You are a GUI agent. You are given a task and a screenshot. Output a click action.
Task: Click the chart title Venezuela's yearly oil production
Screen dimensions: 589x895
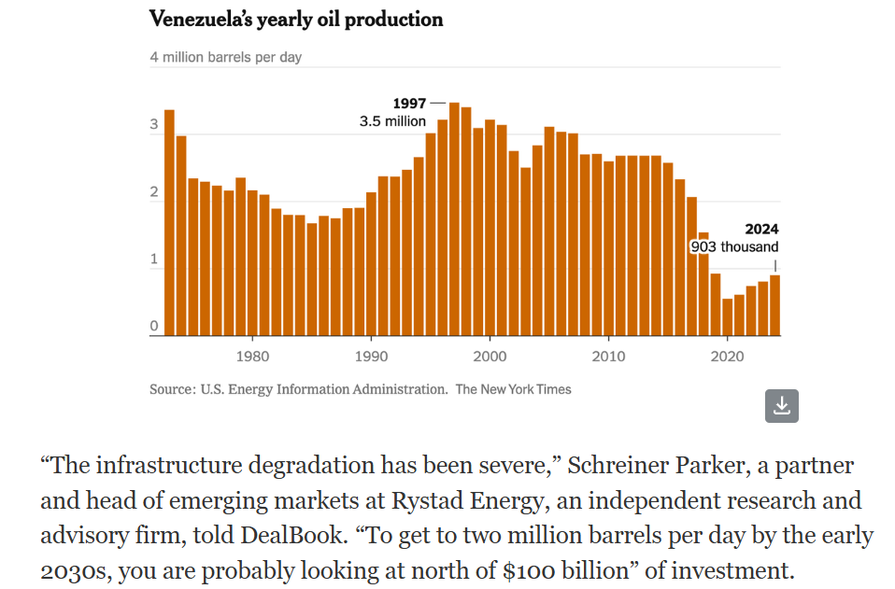pyautogui.click(x=296, y=20)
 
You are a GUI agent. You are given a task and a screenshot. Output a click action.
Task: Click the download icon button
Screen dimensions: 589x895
pyautogui.click(x=782, y=405)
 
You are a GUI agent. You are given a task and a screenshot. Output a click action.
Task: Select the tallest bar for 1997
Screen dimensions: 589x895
pyautogui.click(x=454, y=219)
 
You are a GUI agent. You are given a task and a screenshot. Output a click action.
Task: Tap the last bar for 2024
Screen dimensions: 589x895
pyautogui.click(x=774, y=305)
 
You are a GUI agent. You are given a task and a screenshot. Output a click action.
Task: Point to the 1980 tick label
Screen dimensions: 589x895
pyautogui.click(x=253, y=356)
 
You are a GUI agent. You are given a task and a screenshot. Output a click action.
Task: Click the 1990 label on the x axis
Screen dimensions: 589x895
pyautogui.click(x=372, y=356)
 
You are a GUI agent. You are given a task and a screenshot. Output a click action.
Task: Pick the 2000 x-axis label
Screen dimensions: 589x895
pyautogui.click(x=490, y=356)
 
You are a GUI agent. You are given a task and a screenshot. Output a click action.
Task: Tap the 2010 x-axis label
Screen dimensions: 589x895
pyautogui.click(x=608, y=356)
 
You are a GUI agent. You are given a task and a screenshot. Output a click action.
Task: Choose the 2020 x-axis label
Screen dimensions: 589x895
pyautogui.click(x=727, y=356)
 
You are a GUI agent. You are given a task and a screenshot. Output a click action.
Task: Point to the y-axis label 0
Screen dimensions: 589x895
pyautogui.click(x=154, y=327)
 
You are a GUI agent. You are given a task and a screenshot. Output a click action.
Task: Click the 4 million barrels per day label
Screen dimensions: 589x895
pyautogui.click(x=226, y=57)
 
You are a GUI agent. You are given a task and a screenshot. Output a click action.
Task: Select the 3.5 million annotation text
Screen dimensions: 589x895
pyautogui.click(x=392, y=121)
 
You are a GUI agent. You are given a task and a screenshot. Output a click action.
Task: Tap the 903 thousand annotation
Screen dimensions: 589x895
pyautogui.click(x=734, y=247)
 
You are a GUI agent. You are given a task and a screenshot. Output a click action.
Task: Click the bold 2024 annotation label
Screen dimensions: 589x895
pyautogui.click(x=760, y=229)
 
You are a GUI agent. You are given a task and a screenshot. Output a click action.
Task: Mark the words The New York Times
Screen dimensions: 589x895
pyautogui.click(x=513, y=389)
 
